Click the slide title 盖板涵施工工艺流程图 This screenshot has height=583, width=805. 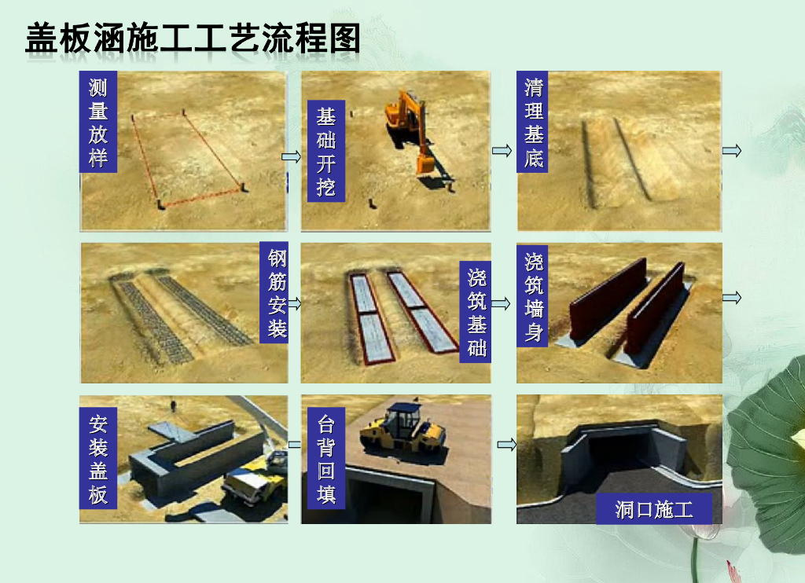(193, 38)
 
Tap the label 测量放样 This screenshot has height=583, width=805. (98, 122)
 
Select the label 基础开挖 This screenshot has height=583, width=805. (326, 151)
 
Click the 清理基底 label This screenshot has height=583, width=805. (532, 122)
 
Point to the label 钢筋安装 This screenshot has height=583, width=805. (275, 292)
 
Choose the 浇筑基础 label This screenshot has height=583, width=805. (476, 312)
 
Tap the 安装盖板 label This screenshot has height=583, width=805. (98, 458)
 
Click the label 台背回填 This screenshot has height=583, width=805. (326, 458)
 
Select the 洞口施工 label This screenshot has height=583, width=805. (654, 509)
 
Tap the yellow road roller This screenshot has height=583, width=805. (403, 429)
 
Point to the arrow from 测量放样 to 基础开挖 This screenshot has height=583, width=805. (292, 156)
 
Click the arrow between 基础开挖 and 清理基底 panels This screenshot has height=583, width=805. (502, 150)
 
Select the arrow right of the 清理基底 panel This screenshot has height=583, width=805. (732, 150)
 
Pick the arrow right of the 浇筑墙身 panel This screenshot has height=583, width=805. (732, 297)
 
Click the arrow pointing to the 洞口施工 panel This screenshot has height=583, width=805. (507, 444)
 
